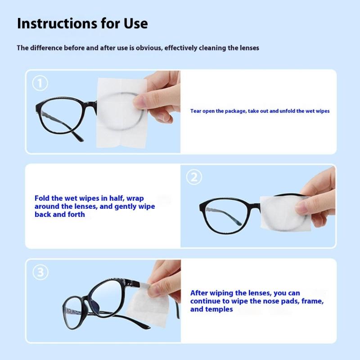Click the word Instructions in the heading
(x=57, y=23)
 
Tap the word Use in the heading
(x=136, y=23)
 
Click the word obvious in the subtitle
(x=149, y=48)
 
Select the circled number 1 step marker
(x=40, y=83)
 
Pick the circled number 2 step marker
(x=194, y=177)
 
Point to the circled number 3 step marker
(x=40, y=272)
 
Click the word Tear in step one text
(x=196, y=111)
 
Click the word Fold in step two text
(x=42, y=198)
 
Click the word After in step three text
(x=199, y=293)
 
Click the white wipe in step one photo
(x=121, y=113)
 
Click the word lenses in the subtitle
(x=249, y=48)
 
